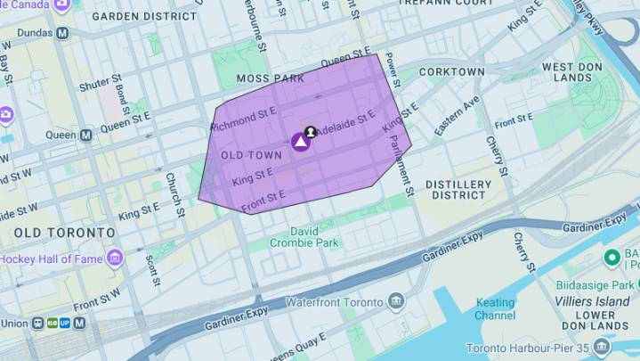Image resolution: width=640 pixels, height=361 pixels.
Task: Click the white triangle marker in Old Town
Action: click(x=301, y=141)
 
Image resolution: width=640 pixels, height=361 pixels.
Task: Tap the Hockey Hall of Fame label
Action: click(x=52, y=258)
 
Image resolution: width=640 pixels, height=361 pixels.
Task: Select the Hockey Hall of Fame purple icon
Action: click(x=115, y=258)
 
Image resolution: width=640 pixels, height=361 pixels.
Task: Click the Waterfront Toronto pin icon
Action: click(x=397, y=301)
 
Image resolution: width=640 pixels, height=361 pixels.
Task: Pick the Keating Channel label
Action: click(x=496, y=308)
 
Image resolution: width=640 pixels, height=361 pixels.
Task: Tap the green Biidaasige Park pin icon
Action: click(x=612, y=258)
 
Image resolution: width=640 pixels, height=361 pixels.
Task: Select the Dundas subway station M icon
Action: click(x=62, y=32)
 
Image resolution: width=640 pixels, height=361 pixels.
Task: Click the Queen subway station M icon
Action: click(x=85, y=135)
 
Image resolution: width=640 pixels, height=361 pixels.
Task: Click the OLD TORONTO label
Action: click(x=64, y=233)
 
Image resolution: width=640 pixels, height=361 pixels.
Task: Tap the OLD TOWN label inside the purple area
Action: click(x=251, y=155)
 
